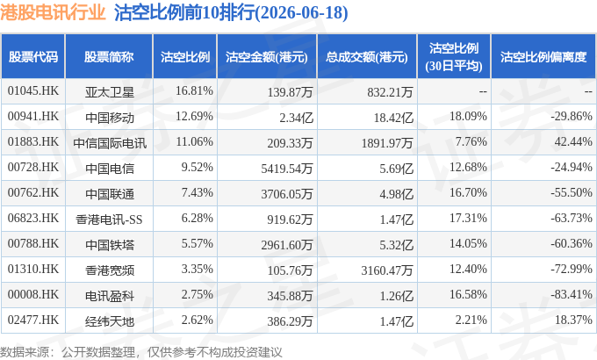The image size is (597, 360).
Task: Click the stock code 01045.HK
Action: coord(33,91)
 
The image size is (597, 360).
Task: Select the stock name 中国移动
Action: coord(110,118)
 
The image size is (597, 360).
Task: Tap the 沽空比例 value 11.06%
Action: coord(194,141)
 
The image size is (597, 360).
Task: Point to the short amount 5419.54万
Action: coord(287,169)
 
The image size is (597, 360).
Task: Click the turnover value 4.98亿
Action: coord(396,194)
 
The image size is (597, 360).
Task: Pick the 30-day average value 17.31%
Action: coord(468,218)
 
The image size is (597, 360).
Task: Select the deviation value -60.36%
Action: coord(572,243)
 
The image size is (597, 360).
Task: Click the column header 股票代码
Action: coord(33,57)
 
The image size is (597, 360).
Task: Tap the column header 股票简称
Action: coord(109,57)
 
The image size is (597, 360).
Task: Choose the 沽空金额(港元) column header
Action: coord(267,57)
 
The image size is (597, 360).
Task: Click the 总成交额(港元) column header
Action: coord(367,57)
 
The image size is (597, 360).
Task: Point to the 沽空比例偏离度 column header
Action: coord(543,57)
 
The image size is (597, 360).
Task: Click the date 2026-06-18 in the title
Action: coord(301,12)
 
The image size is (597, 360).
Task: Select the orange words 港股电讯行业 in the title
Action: coord(53,12)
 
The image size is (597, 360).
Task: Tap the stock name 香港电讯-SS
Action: coord(109,220)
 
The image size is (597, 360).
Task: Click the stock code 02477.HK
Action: coord(33,320)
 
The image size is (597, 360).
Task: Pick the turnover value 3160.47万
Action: coord(387,270)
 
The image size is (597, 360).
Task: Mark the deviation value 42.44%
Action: coord(573,141)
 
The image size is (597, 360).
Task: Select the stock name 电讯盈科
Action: coord(110,296)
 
